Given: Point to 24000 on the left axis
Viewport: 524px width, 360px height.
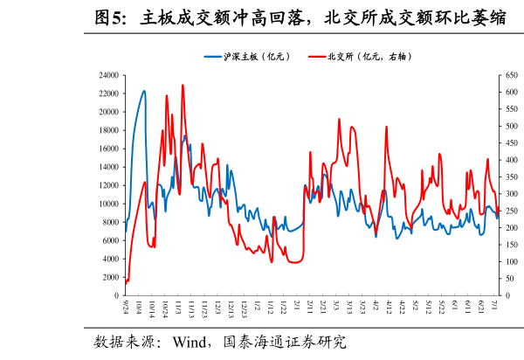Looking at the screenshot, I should pos(107,75).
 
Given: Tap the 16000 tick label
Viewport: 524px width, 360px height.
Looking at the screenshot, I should pos(107,149).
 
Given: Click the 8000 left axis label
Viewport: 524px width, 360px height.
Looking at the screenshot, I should pos(110,222).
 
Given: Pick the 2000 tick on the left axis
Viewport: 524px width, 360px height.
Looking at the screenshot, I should pos(110,277).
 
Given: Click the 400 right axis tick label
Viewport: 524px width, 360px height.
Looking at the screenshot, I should pos(510,160).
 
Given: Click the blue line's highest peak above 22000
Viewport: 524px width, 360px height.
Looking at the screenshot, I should pos(144,91).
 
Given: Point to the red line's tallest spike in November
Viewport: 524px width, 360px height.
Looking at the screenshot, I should pos(183,85).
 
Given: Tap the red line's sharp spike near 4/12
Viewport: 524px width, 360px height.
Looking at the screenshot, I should pos(386,127).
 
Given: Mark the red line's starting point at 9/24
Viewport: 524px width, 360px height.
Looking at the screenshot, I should pos(126,282).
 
